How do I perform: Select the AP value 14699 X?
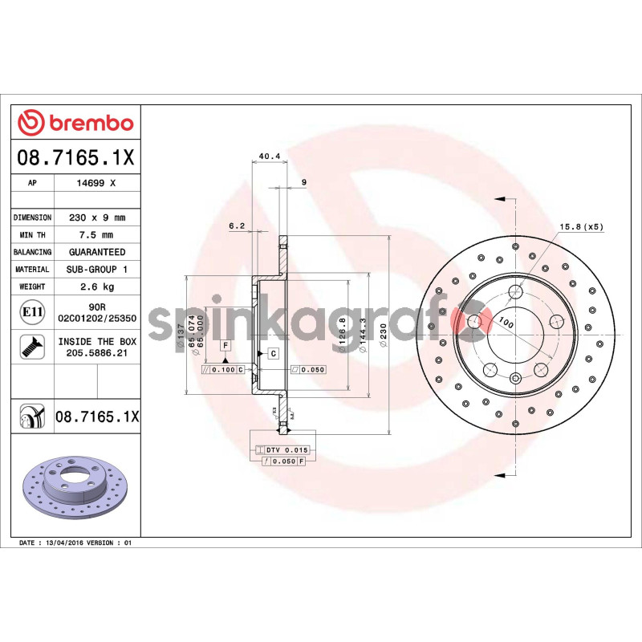[97, 183]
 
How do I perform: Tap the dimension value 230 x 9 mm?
[97, 217]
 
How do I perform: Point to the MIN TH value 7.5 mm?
[97, 235]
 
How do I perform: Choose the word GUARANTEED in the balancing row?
[97, 252]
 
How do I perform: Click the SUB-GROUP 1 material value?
[97, 270]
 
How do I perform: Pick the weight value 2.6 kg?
[97, 286]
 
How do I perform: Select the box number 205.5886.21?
[97, 352]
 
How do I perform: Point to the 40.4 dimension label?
[270, 157]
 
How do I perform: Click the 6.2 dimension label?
[236, 226]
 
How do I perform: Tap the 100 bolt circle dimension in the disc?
[506, 323]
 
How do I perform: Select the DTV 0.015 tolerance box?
[286, 450]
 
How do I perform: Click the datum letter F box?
[226, 346]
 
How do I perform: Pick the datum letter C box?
[273, 354]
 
